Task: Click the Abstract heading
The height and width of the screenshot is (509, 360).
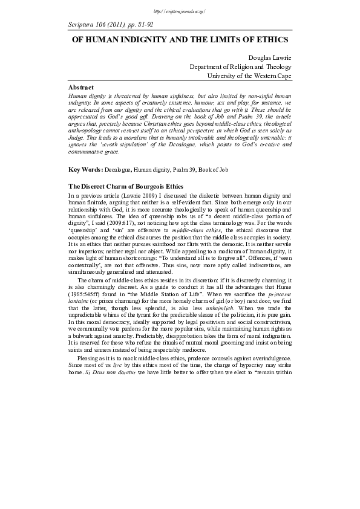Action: [x=81, y=88]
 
